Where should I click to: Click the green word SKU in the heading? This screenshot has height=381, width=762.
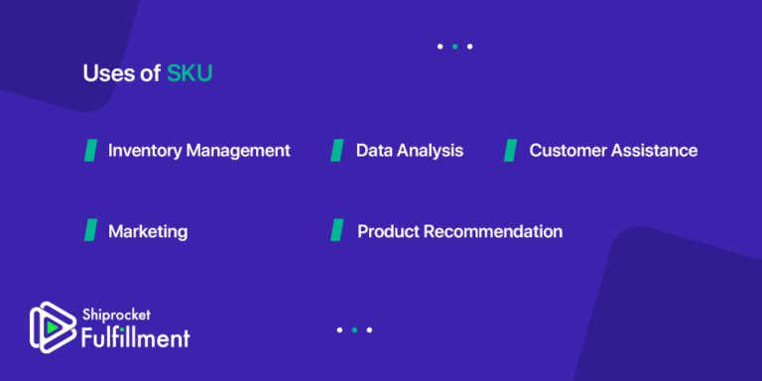(190, 73)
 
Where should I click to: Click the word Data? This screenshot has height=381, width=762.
(375, 151)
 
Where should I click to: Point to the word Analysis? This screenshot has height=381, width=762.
(431, 151)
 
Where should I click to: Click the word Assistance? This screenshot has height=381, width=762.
(655, 151)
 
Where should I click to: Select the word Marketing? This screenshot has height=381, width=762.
(148, 231)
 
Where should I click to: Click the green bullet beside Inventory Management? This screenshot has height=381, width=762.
(90, 150)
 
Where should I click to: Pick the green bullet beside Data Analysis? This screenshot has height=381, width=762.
(337, 150)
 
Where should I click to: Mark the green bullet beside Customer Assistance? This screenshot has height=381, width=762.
(511, 150)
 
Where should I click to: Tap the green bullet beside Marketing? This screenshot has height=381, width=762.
(90, 230)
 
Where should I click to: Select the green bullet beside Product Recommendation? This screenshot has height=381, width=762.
(337, 230)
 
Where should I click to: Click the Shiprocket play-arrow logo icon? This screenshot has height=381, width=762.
(46, 327)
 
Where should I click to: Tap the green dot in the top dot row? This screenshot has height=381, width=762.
(454, 47)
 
